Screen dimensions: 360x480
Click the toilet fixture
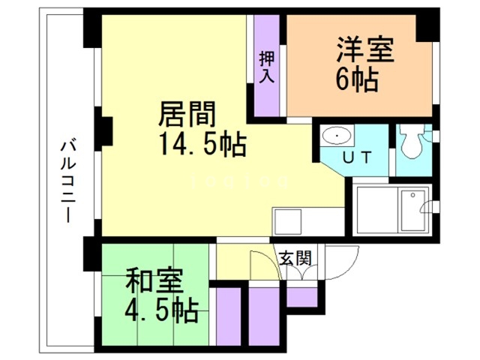pos(410,140)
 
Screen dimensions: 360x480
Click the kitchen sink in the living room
pos(287,222)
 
